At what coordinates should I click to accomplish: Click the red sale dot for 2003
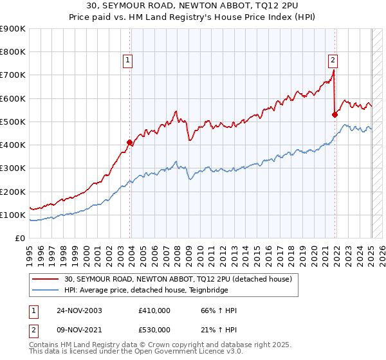coord(130,142)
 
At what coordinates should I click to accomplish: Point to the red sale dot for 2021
coord(335,114)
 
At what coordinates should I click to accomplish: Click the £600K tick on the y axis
coord(13,98)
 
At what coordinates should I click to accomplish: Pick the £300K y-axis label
coord(13,168)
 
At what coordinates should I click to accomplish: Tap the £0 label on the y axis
coord(19,238)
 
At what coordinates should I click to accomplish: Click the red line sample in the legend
coord(46,279)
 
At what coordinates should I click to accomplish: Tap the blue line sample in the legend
coord(46,290)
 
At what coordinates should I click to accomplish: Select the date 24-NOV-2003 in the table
coord(79,310)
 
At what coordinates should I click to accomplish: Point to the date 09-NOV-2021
coord(79,331)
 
